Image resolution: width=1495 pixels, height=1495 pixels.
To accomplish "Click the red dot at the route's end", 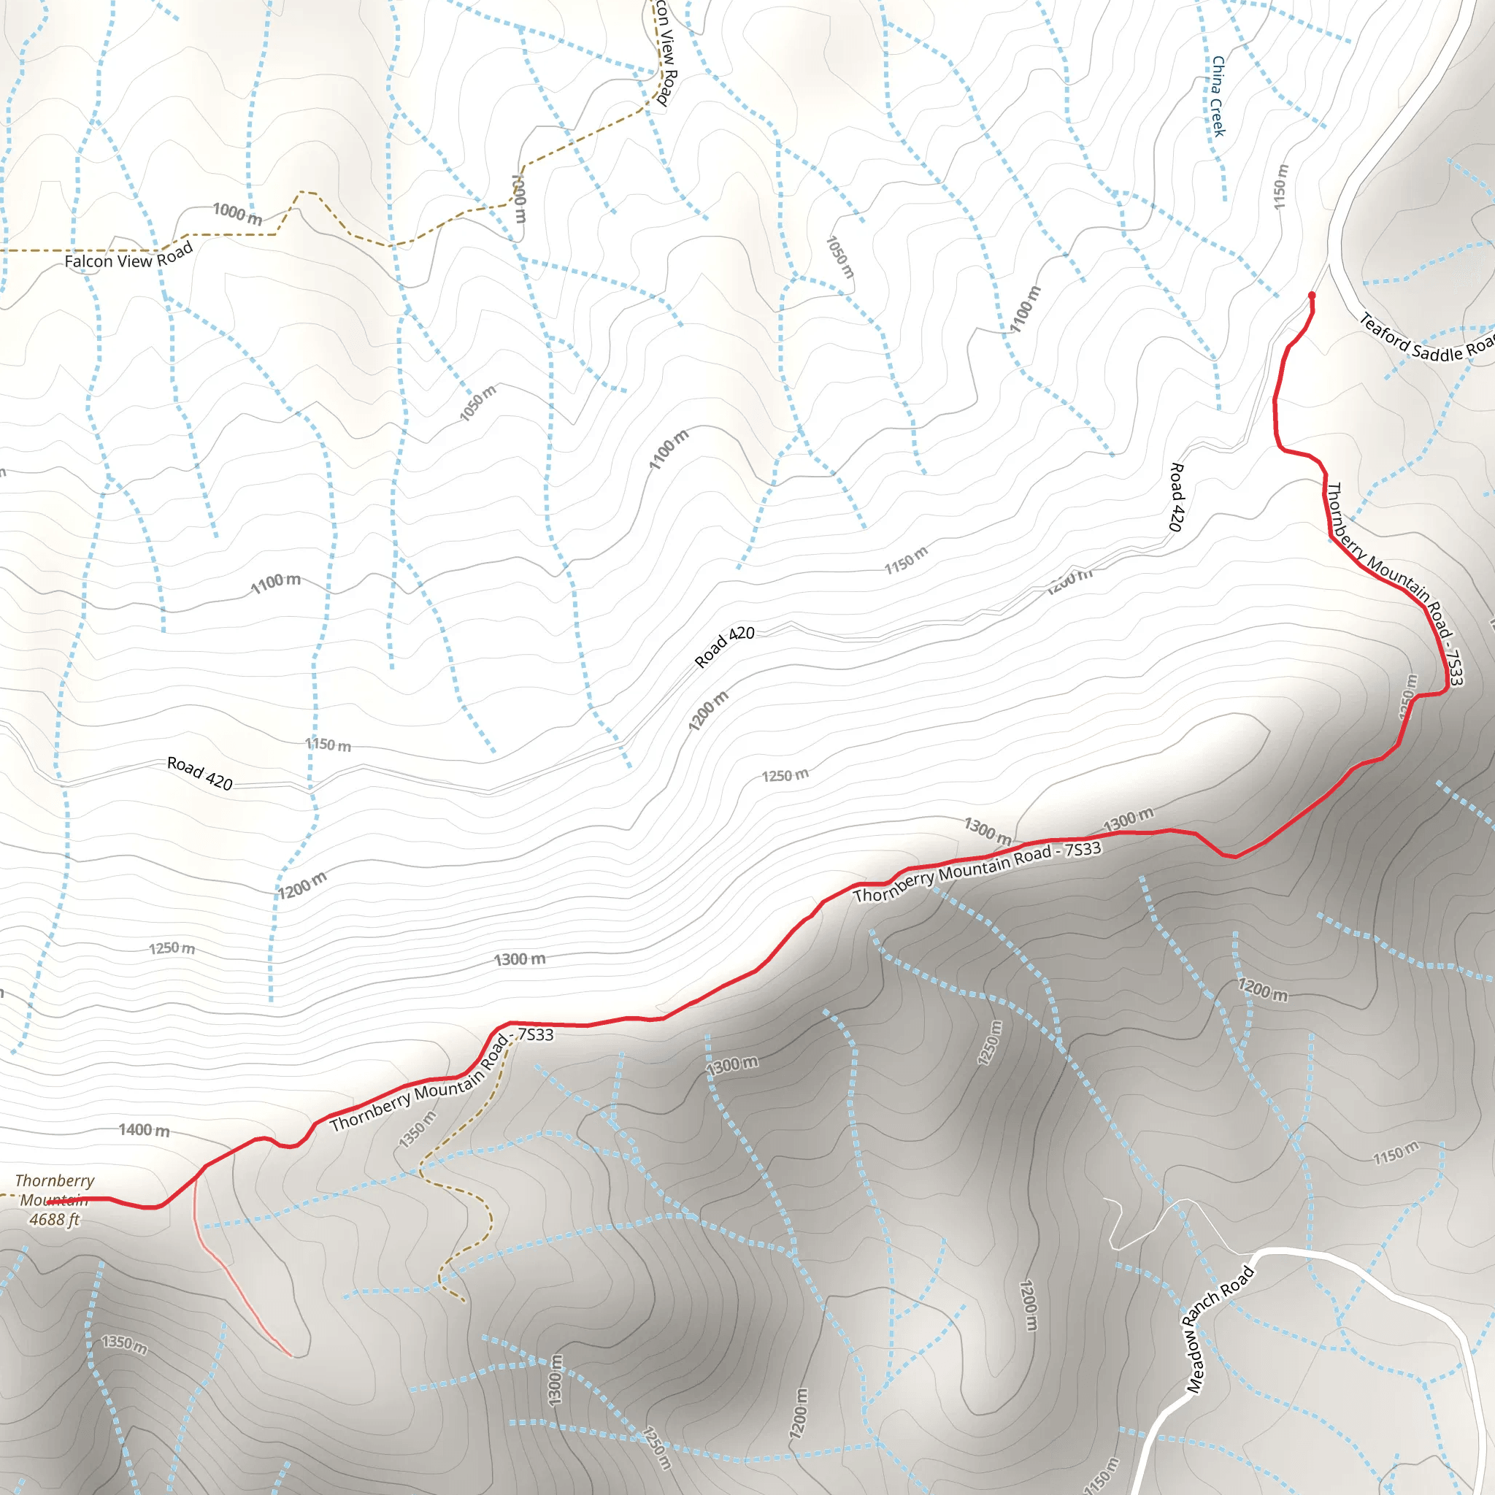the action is coord(1312,295).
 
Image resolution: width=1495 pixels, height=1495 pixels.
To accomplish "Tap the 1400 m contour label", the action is coord(144,1131).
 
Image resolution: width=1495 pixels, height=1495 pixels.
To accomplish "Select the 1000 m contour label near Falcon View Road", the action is coord(237,214).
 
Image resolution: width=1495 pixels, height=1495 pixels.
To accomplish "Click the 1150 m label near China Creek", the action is coord(1280,186).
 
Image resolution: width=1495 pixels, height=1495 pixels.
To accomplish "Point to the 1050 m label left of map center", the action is coord(477,403).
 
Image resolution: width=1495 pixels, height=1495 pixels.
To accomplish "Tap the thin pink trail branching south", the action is coord(232,1277).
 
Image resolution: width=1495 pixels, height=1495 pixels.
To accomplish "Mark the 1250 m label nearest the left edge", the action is coord(172,948).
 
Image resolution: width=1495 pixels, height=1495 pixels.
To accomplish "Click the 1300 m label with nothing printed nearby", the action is coord(519,959).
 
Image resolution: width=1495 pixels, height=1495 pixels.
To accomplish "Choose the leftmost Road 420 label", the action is coord(199,773).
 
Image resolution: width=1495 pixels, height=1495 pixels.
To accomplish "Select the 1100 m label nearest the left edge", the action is coord(275,583).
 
